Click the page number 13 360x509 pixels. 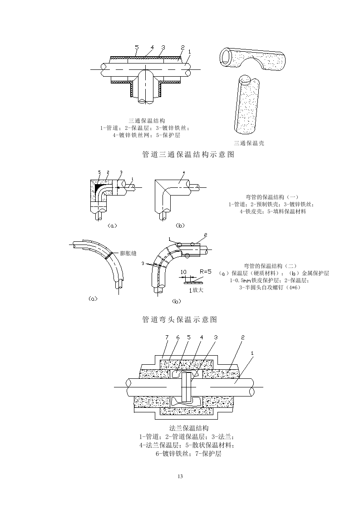(180, 476)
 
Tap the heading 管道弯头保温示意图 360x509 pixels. (180, 319)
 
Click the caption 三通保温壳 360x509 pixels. (249, 143)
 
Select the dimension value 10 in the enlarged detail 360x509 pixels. (183, 272)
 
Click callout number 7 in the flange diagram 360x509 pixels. (167, 337)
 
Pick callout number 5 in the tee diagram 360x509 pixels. (137, 47)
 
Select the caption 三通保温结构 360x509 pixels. (143, 121)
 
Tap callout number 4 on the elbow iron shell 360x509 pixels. (183, 172)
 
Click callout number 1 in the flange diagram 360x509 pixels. (252, 353)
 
